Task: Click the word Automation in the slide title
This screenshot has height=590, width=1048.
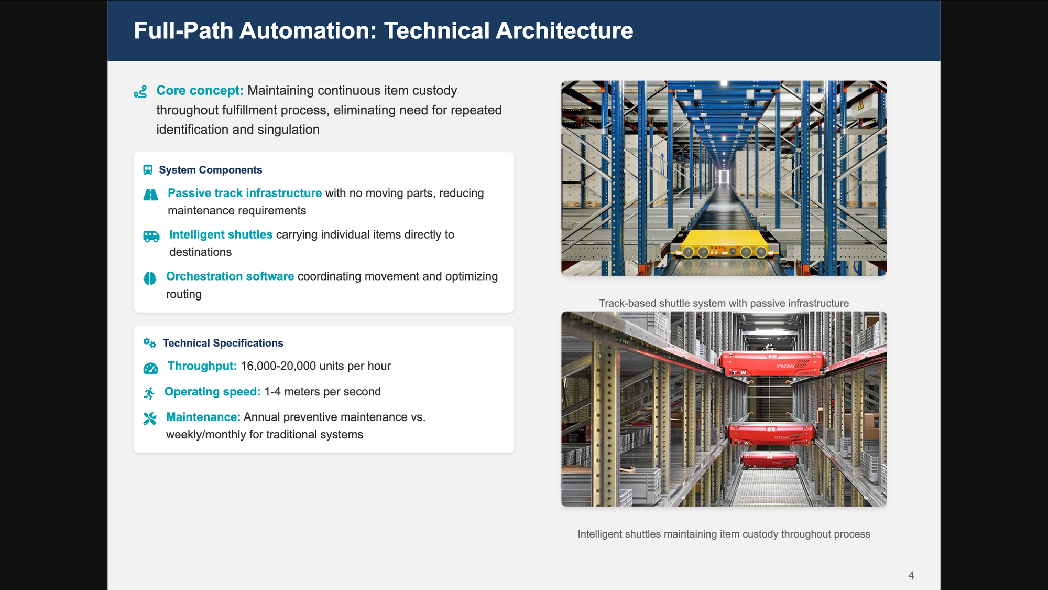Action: pyautogui.click(x=308, y=30)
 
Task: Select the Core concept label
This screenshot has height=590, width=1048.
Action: pyautogui.click(x=200, y=91)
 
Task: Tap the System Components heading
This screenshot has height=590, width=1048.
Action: pyautogui.click(x=210, y=170)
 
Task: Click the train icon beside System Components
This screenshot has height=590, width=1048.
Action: pyautogui.click(x=148, y=170)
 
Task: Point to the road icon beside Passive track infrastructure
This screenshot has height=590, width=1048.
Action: pyautogui.click(x=150, y=195)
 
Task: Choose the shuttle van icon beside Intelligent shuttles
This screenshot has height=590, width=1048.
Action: pyautogui.click(x=151, y=237)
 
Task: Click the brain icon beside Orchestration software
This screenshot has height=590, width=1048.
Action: pyautogui.click(x=150, y=278)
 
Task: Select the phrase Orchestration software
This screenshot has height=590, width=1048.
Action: pyautogui.click(x=230, y=276)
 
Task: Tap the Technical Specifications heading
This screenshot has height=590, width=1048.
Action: pyautogui.click(x=223, y=343)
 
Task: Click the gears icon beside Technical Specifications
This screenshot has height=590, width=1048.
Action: pyautogui.click(x=149, y=343)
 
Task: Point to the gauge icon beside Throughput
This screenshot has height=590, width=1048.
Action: pyautogui.click(x=150, y=368)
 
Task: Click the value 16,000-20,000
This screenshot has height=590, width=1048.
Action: pyautogui.click(x=278, y=366)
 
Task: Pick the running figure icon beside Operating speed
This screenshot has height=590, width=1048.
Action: pyautogui.click(x=149, y=393)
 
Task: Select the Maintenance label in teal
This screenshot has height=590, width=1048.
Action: pyautogui.click(x=203, y=417)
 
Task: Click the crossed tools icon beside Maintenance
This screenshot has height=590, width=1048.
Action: pyautogui.click(x=150, y=419)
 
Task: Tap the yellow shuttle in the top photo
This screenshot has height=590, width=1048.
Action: pyautogui.click(x=724, y=244)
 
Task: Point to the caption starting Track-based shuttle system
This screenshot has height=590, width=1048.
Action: pyautogui.click(x=724, y=303)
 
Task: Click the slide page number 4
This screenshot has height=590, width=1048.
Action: pyautogui.click(x=911, y=575)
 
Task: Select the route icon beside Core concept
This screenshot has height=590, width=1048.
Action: pyautogui.click(x=140, y=92)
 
